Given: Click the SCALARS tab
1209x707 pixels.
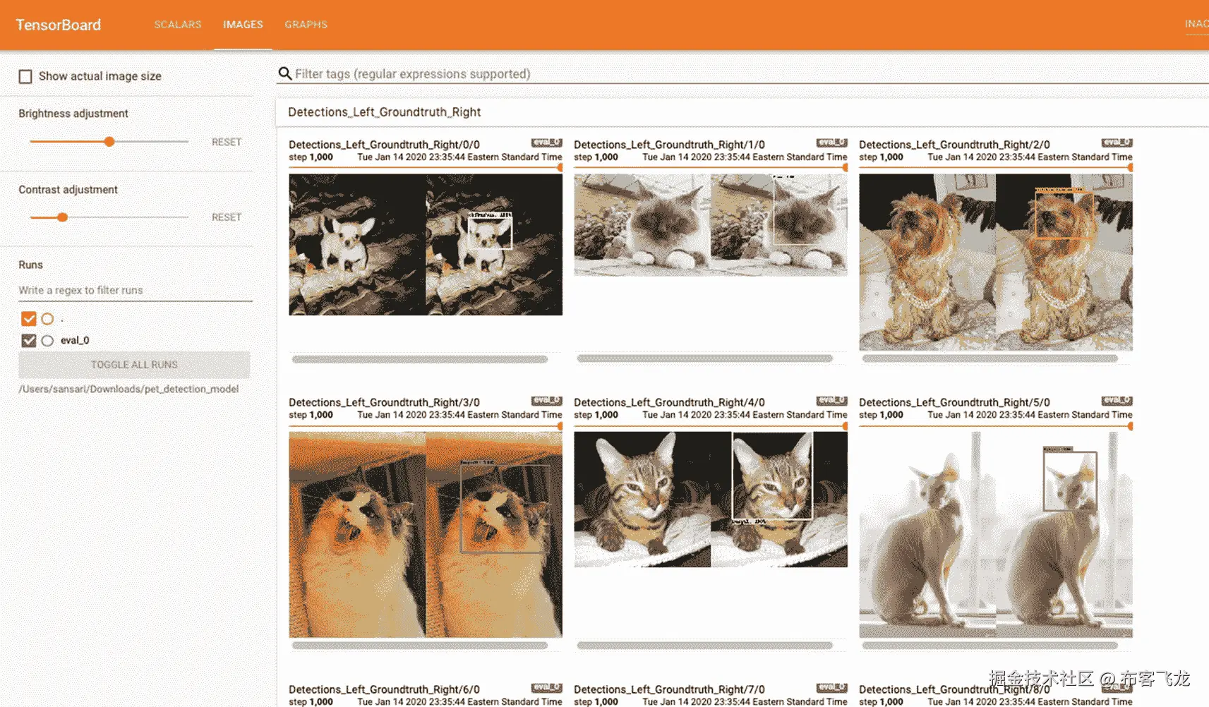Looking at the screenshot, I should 178,25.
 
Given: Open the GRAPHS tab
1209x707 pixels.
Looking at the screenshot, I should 306,25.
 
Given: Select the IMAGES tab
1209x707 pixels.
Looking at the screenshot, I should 243,25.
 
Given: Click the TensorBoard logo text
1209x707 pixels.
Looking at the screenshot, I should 59,25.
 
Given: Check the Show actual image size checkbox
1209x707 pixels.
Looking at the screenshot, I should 25,76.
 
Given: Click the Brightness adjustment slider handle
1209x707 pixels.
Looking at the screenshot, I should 109,142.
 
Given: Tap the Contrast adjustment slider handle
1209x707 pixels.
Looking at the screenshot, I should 63,217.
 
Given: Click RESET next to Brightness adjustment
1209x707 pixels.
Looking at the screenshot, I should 227,142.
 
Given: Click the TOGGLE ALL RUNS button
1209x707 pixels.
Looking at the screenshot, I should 134,365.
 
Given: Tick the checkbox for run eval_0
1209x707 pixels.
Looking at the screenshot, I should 28,341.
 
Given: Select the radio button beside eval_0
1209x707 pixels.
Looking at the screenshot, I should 47,341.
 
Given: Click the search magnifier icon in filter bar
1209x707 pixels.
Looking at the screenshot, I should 285,73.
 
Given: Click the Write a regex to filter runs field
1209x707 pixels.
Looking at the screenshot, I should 134,290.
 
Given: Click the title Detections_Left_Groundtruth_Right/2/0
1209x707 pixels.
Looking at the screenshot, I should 954,145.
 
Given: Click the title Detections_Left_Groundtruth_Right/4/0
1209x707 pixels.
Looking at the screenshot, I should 669,402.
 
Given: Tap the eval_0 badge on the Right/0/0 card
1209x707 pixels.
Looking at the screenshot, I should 546,143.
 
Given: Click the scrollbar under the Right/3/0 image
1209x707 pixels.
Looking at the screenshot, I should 419,645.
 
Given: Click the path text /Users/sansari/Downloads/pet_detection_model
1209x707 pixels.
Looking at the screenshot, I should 128,389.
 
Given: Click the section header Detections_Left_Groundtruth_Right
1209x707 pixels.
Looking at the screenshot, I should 384,112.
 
